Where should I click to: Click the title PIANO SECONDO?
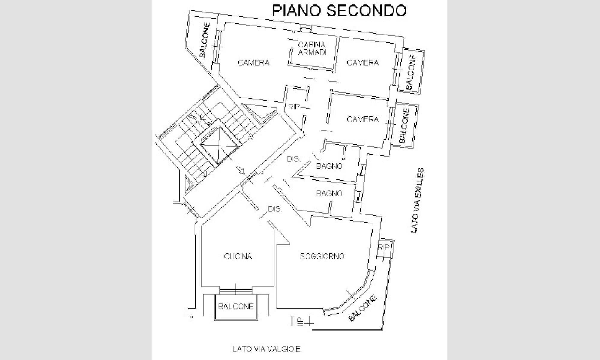tap(339, 11)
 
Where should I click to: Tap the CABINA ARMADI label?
tap(312, 49)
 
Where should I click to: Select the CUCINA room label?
tap(238, 256)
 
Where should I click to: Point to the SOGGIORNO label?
tap(322, 256)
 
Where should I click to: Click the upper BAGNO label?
tap(329, 166)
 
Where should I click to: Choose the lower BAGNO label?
tap(329, 194)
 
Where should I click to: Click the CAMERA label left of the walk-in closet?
tap(253, 63)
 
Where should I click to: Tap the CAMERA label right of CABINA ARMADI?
tap(363, 63)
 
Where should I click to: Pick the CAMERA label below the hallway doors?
tap(363, 119)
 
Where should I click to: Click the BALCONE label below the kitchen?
tap(236, 307)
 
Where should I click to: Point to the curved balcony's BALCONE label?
tap(363, 309)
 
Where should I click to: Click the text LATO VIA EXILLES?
tap(417, 201)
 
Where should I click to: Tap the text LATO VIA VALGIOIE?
tap(266, 349)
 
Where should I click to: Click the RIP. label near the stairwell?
tap(294, 107)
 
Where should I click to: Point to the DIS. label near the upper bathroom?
tap(294, 159)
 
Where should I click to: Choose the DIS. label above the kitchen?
tap(275, 209)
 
